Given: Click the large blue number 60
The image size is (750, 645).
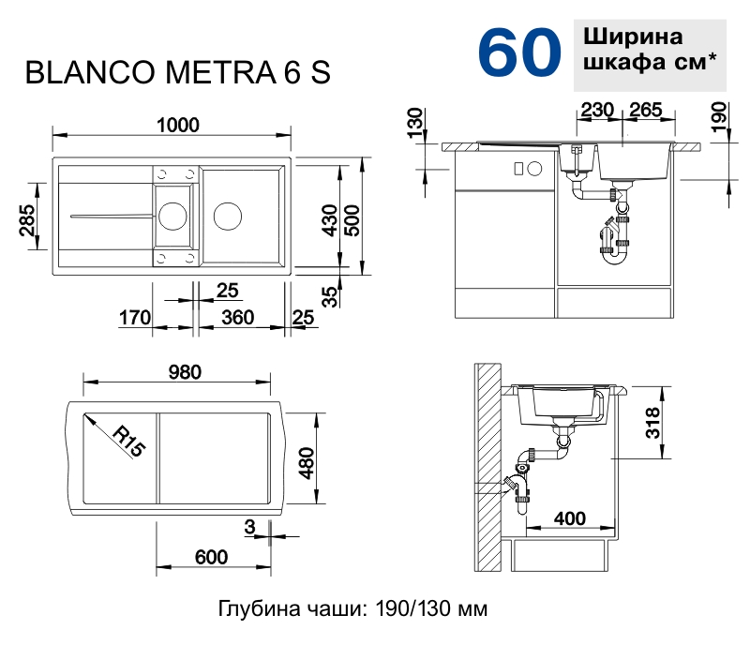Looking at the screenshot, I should [x=519, y=52].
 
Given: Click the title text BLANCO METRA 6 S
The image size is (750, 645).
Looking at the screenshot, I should [x=177, y=73].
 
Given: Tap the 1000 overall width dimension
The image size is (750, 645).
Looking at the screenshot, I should [x=177, y=124].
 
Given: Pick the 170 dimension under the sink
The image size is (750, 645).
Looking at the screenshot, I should [x=135, y=318].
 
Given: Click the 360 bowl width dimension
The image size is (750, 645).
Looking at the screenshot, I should [x=238, y=318].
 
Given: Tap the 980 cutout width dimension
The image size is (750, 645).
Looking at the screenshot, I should [x=178, y=371].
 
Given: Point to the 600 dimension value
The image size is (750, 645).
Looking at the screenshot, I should [x=212, y=557].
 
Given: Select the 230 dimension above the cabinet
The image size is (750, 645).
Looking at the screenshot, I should [x=597, y=111].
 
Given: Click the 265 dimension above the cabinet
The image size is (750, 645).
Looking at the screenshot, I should [x=646, y=111].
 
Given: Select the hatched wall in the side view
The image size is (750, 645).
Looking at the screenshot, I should [x=487, y=469].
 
